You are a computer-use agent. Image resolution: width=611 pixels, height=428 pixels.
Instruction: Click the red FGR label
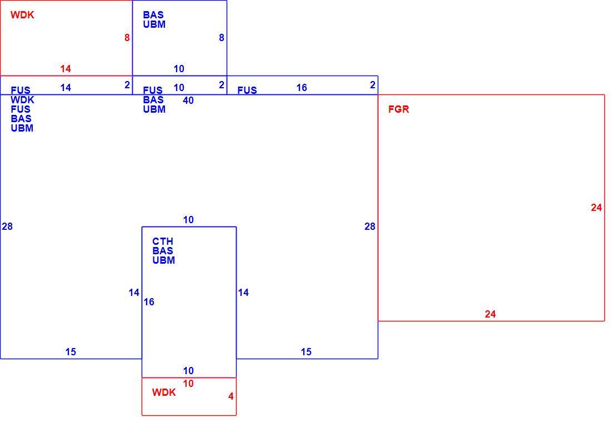pos(399,109)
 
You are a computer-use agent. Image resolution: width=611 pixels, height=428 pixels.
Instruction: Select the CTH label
pos(163,241)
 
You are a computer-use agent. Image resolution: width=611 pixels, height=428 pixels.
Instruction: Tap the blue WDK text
pos(22,100)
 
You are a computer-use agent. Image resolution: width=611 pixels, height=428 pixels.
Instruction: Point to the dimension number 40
pos(188,100)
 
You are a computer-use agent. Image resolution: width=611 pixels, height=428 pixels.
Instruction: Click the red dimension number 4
pos(231,396)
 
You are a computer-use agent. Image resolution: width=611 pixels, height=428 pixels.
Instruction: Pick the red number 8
pos(127,38)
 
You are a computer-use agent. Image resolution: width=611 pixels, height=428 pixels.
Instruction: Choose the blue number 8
pos(221,38)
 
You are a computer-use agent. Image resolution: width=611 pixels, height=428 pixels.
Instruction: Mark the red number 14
pos(66,69)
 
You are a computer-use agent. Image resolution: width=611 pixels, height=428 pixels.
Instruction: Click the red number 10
pos(188,384)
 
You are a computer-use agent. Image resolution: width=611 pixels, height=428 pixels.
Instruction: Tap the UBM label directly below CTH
pos(164,260)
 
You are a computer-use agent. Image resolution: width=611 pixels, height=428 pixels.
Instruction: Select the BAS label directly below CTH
pos(163,251)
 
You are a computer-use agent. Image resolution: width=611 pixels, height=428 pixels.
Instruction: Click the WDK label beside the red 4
pos(164,392)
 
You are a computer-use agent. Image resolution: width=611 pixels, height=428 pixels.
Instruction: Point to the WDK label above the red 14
pos(22,15)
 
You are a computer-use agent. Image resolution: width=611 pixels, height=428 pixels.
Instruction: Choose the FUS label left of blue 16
pos(247,90)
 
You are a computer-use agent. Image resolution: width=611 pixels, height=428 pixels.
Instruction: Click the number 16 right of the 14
pos(149,302)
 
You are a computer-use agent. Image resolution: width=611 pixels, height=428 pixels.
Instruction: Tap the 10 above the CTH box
pos(188,220)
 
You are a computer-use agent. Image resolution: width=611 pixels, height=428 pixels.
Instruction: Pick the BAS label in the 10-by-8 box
pos(153,15)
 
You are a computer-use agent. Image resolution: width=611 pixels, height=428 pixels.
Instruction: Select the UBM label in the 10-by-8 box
pos(154,24)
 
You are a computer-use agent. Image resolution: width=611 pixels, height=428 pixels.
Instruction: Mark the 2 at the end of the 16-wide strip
pos(373,85)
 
